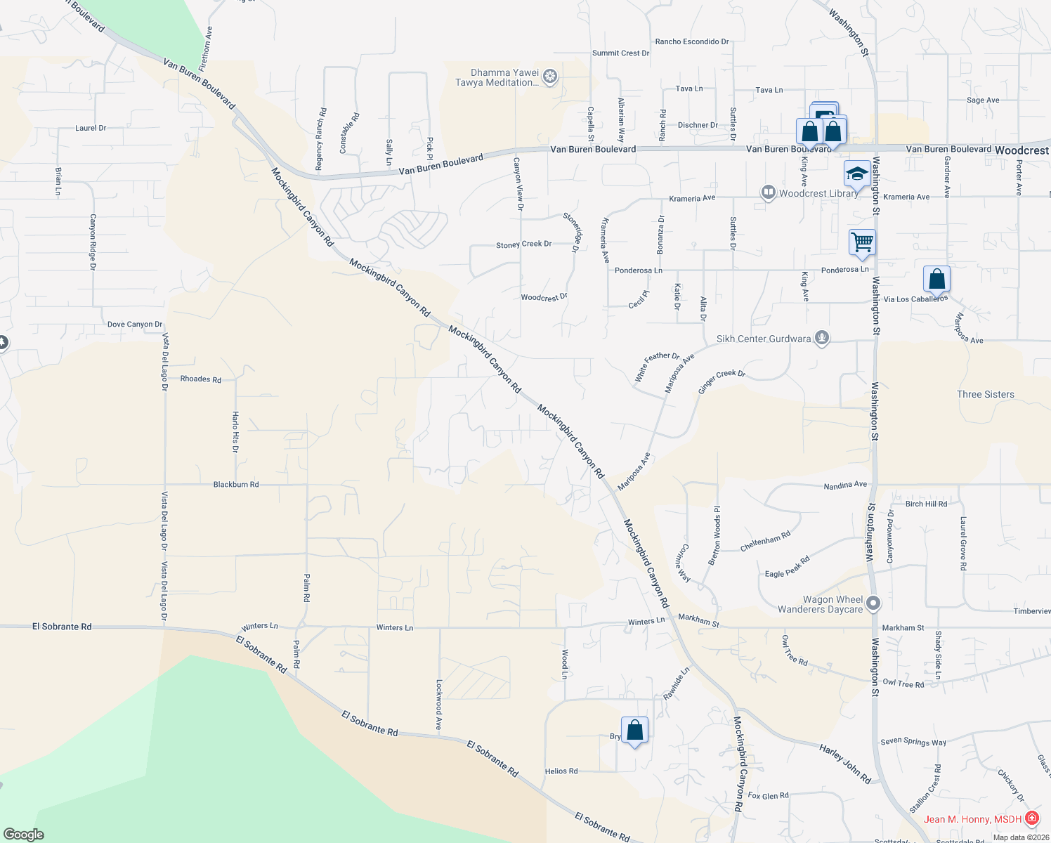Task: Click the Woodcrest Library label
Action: pyautogui.click(x=818, y=193)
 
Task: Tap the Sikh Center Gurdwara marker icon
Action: pyautogui.click(x=821, y=339)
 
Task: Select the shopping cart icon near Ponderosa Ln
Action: pyautogui.click(x=862, y=242)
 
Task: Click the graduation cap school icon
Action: pyautogui.click(x=856, y=174)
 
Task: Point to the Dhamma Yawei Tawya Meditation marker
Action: pyautogui.click(x=551, y=76)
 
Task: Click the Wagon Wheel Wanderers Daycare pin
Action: pyautogui.click(x=873, y=603)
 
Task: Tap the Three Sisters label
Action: pyautogui.click(x=985, y=394)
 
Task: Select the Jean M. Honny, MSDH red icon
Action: pyautogui.click(x=1031, y=818)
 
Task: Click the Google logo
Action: pyautogui.click(x=23, y=835)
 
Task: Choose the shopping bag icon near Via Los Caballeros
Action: pyautogui.click(x=936, y=279)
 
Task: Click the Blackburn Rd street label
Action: pyautogui.click(x=236, y=485)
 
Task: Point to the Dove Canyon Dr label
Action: pyautogui.click(x=135, y=325)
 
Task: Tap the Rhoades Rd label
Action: pyautogui.click(x=200, y=379)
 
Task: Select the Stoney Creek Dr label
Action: pyautogui.click(x=523, y=244)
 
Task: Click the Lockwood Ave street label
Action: pyautogui.click(x=438, y=704)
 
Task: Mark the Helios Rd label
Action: pyautogui.click(x=561, y=771)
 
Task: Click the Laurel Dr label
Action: pyautogui.click(x=91, y=128)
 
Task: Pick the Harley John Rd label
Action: pyautogui.click(x=845, y=764)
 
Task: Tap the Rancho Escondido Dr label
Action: pyautogui.click(x=691, y=42)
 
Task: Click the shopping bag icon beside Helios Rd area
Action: pyautogui.click(x=634, y=730)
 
